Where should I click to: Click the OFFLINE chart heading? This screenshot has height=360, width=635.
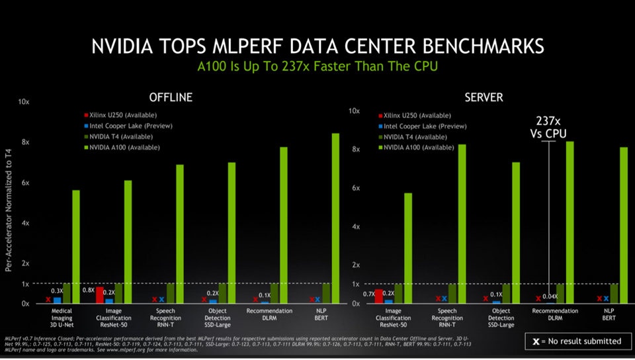171,97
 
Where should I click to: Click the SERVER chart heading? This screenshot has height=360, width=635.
484,97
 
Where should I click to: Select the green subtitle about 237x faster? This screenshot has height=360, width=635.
318,67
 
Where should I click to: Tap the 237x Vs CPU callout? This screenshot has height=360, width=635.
548,126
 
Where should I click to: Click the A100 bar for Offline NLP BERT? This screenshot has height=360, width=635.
335,218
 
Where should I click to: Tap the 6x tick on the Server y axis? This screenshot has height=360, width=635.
355,189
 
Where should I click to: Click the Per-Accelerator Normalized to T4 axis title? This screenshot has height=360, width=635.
9,210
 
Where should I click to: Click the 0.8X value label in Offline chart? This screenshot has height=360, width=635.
87,290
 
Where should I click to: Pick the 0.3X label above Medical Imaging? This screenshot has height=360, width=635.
58,291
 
